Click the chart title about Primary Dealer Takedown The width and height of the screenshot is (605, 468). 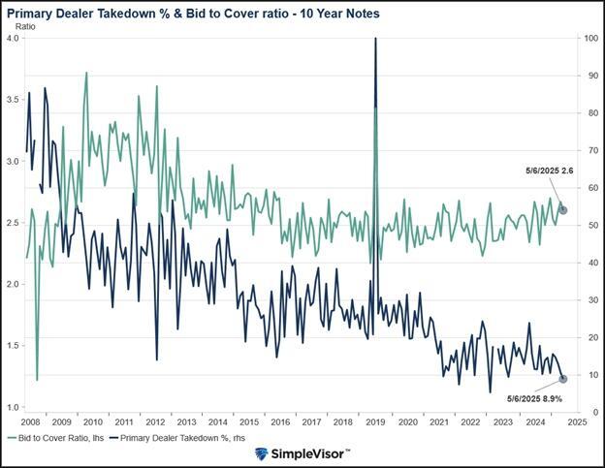pos(193,14)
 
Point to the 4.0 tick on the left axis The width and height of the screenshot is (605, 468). pos(13,38)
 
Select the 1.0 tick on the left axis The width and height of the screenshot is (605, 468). pos(13,407)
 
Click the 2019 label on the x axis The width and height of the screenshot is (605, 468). pos(374,423)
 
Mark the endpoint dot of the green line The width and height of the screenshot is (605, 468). pos(563,210)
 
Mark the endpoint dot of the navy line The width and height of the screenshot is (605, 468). pos(562,379)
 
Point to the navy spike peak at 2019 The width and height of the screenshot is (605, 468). pos(375,39)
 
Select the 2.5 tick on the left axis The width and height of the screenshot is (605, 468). pos(13,223)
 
